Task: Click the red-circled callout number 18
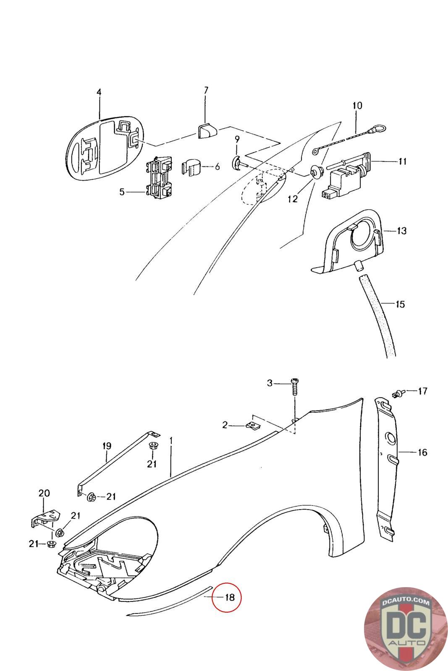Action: point(229,598)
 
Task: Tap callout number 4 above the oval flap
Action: point(99,92)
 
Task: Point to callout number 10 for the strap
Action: point(357,105)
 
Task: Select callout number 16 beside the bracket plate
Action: point(422,453)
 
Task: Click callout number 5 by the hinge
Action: point(122,192)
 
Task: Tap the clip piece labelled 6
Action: point(191,168)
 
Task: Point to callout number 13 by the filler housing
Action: point(401,231)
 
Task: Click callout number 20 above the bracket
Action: point(45,493)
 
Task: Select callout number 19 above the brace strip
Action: point(107,446)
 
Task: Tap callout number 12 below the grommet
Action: point(293,199)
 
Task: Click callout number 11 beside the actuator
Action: point(402,161)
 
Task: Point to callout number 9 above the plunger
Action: point(237,139)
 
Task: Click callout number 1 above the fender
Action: point(171,441)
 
